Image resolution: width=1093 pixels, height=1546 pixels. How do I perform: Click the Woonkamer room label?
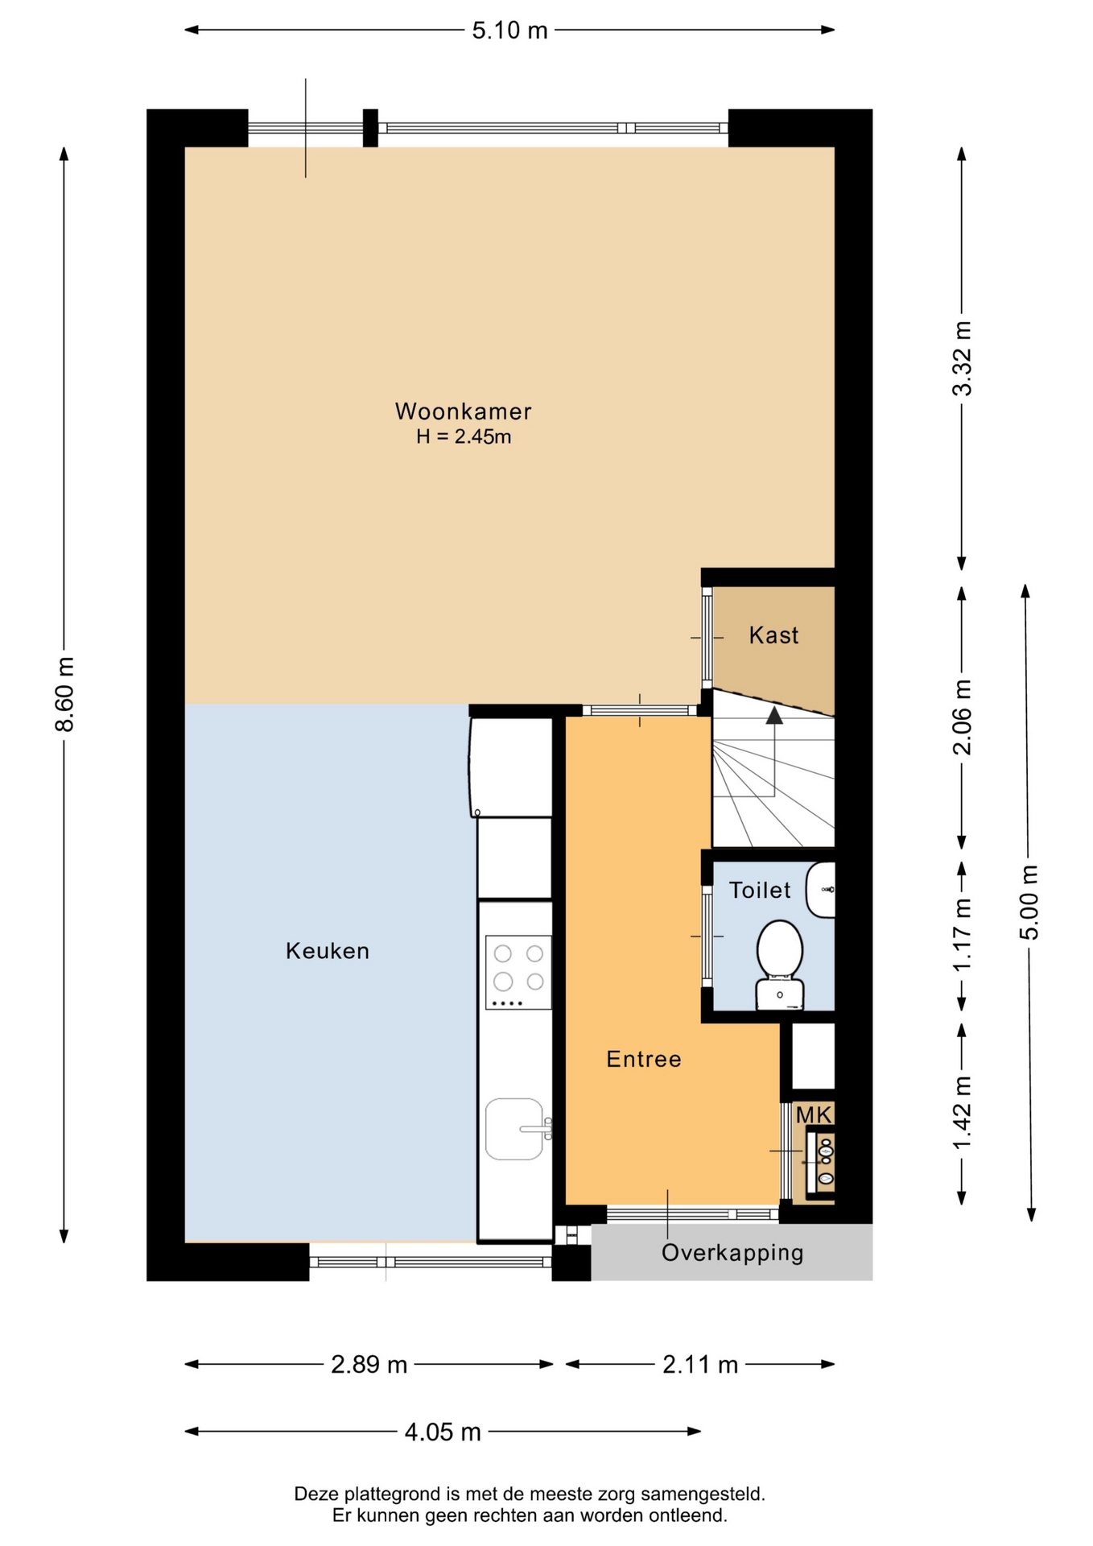coord(463,411)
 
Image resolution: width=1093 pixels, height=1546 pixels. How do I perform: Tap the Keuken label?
coord(328,951)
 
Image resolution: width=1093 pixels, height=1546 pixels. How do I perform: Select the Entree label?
coord(644,1059)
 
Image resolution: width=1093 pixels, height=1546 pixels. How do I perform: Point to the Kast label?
coord(773,635)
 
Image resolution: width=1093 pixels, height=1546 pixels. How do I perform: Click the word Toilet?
coord(760,890)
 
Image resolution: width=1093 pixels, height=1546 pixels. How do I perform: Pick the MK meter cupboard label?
coord(814,1115)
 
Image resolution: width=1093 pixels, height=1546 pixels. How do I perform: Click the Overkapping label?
coord(732,1253)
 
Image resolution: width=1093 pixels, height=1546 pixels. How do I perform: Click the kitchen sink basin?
coord(515,1129)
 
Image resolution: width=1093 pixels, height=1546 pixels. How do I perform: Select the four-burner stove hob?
coord(518,972)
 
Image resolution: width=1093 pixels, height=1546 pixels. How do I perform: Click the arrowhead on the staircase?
coord(774,715)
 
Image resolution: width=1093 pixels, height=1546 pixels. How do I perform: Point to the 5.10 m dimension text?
coord(509,31)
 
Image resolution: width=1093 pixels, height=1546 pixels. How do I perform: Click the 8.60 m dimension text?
coord(64,694)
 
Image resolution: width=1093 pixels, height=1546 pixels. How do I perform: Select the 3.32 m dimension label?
coord(962,358)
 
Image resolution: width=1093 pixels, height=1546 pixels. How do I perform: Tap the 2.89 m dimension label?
coord(369,1364)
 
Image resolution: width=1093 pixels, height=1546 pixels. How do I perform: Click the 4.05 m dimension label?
coord(443,1432)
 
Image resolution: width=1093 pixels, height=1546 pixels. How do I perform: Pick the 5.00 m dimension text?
coord(1029,902)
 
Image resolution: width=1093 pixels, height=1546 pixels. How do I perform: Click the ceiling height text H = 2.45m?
coord(464,437)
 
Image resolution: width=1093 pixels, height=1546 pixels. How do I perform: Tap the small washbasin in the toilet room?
coord(821,890)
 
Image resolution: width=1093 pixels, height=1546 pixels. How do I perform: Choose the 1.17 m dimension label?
coord(962,935)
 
